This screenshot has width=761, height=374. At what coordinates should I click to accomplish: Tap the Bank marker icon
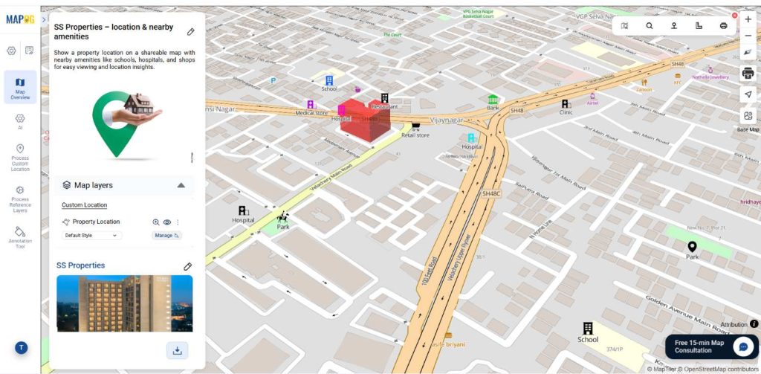pyautogui.click(x=493, y=99)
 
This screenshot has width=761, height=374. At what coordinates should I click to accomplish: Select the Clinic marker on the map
pyautogui.click(x=566, y=104)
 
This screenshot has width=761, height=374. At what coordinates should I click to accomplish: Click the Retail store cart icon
pyautogui.click(x=415, y=126)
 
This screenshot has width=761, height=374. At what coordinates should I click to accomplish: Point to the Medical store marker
pyautogui.click(x=311, y=105)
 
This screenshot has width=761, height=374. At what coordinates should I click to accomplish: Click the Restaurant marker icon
pyautogui.click(x=384, y=98)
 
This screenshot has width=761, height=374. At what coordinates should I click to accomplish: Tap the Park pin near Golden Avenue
pyautogui.click(x=692, y=247)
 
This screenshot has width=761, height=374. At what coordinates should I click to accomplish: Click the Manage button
pyautogui.click(x=166, y=235)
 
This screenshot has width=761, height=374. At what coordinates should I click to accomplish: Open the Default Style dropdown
pyautogui.click(x=92, y=235)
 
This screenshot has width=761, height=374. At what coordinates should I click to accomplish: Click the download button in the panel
pyautogui.click(x=177, y=350)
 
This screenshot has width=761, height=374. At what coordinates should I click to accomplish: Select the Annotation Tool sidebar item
pyautogui.click(x=20, y=236)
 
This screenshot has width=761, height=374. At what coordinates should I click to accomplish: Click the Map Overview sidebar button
pyautogui.click(x=20, y=86)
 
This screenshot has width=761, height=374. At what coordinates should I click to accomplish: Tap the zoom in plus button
pyautogui.click(x=748, y=19)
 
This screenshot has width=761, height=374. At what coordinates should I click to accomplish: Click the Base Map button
pyautogui.click(x=748, y=118)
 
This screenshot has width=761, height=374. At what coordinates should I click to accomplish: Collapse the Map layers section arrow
pyautogui.click(x=181, y=185)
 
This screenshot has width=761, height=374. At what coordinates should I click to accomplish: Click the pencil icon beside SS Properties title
pyautogui.click(x=188, y=266)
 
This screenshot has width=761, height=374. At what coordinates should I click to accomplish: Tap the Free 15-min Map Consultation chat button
pyautogui.click(x=742, y=346)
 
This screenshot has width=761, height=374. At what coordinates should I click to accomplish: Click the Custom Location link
pyautogui.click(x=84, y=205)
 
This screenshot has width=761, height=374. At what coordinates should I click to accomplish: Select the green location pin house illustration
pyautogui.click(x=124, y=123)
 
